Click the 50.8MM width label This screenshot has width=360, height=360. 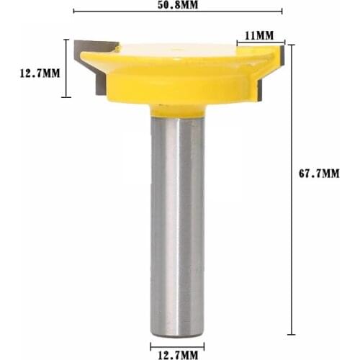pos(179,4)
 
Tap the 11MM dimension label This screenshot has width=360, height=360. pos(258,35)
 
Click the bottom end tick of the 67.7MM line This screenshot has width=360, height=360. pos(292,334)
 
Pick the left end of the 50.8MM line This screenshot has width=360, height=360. pos(74,12)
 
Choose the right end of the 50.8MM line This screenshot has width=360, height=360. pos(282,12)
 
